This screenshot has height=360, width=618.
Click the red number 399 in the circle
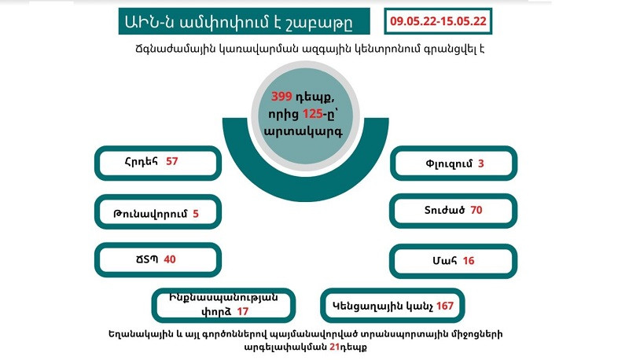(x=281, y=97)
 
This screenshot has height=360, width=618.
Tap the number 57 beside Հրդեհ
(x=172, y=161)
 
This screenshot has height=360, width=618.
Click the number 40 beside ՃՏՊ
(x=170, y=259)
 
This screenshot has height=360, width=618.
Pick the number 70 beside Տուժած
(x=476, y=211)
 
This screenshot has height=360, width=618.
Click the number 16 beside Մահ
(x=469, y=260)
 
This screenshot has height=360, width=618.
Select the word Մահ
(x=447, y=260)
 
